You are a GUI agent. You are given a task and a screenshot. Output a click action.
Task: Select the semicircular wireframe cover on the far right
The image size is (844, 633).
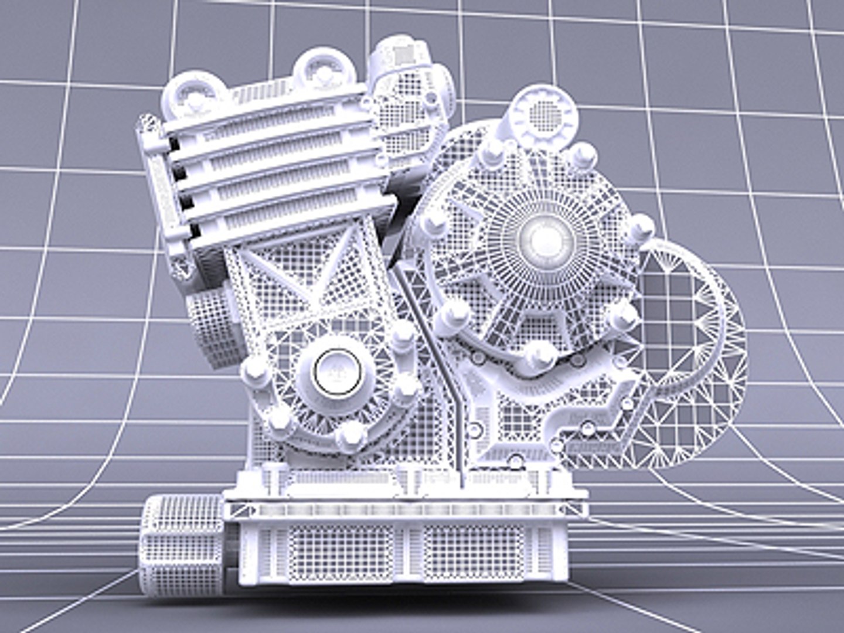[x=697, y=352]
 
